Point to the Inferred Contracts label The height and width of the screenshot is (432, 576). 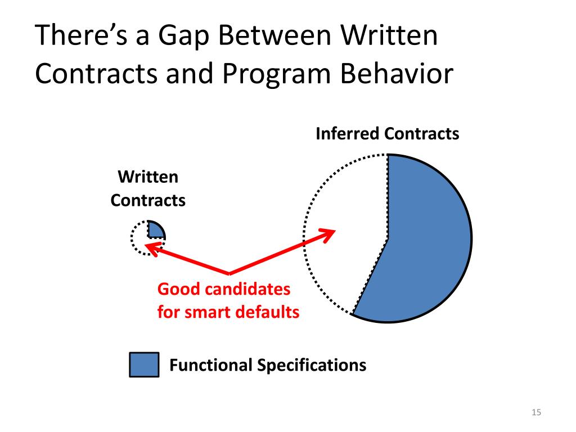(x=387, y=134)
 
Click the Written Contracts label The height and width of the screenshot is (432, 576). (x=148, y=188)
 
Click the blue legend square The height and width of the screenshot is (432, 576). (x=144, y=365)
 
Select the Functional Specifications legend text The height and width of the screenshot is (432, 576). (x=268, y=365)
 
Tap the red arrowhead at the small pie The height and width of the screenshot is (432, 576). (x=152, y=246)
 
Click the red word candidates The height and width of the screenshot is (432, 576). (x=246, y=290)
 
